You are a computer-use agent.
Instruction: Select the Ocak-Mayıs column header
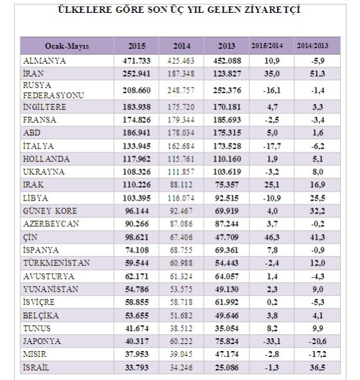(67, 46)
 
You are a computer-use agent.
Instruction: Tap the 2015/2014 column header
(267, 46)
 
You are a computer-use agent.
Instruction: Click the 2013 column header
(226, 46)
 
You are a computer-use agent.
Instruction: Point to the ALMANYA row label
(44, 60)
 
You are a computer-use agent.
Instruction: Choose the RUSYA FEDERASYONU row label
(53, 90)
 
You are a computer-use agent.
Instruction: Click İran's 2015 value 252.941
(137, 73)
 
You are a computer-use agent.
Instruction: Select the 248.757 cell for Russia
(181, 91)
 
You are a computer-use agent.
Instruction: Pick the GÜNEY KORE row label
(50, 211)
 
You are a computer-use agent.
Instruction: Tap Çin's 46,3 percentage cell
(272, 237)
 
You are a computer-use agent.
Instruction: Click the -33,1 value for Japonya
(272, 341)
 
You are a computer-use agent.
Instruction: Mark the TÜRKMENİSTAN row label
(57, 263)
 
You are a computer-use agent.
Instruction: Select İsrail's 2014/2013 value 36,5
(318, 367)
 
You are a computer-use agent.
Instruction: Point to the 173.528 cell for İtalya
(227, 146)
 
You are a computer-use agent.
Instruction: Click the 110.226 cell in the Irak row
(137, 185)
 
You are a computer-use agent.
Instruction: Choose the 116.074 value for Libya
(181, 198)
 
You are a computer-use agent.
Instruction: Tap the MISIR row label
(35, 354)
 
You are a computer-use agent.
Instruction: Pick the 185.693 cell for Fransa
(227, 120)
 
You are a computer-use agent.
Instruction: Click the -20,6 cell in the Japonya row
(318, 341)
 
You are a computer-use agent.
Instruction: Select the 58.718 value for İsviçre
(181, 302)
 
